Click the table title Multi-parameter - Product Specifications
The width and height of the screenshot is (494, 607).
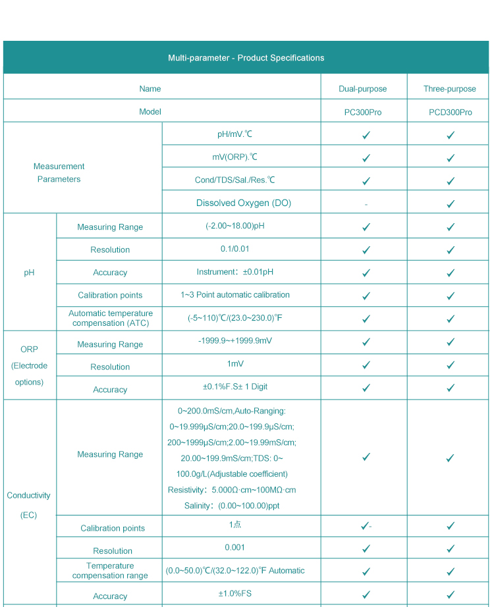coord(246,58)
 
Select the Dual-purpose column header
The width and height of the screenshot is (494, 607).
coord(362,89)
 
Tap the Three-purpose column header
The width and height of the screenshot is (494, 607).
coord(450,89)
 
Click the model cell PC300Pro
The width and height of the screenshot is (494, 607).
coord(362,112)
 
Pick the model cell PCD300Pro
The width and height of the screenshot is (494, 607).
coord(450,112)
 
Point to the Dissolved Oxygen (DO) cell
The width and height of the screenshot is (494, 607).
coord(243,203)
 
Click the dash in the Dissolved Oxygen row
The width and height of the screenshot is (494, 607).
coord(366,204)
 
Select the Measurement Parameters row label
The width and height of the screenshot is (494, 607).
coord(59,172)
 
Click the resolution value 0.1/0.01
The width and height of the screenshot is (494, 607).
coord(234,249)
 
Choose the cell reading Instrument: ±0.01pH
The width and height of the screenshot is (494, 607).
coord(234,272)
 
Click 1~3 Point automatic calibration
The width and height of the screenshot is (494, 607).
coord(234,294)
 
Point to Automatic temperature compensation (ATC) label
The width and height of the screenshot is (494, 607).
coord(110,318)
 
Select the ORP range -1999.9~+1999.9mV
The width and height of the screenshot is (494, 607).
coord(234,340)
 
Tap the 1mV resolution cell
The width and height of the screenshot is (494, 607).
coord(234,363)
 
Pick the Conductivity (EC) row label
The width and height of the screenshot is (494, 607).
coord(28,505)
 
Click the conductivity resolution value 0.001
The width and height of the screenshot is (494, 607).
coord(234,547)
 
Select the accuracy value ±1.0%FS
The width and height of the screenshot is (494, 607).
coord(234,593)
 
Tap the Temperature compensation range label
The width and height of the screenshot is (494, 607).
coord(110,570)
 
